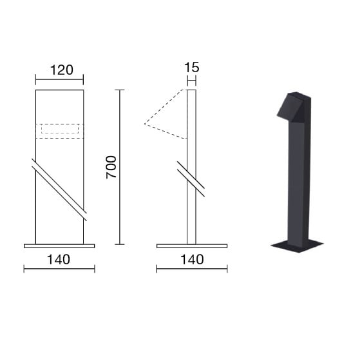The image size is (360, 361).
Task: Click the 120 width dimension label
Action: [x=59, y=70]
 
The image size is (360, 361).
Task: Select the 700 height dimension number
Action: [x=110, y=167]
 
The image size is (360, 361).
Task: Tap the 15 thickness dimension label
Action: [x=191, y=67]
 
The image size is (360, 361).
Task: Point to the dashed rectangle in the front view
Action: [x=59, y=130]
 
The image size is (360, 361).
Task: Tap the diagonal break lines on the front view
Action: [x=59, y=186]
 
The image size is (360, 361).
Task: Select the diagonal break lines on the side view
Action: [x=191, y=179]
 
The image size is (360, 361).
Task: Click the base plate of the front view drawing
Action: [x=59, y=246]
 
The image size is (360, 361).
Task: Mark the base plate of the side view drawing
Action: [x=191, y=246]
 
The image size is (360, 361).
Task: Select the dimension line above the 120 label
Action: [x=59, y=81]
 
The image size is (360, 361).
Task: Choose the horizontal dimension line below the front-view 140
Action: [x=59, y=269]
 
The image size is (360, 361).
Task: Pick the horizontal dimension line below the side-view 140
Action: [x=191, y=269]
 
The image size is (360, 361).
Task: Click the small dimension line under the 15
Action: [x=191, y=80]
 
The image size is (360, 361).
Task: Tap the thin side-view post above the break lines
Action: [x=191, y=129]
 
